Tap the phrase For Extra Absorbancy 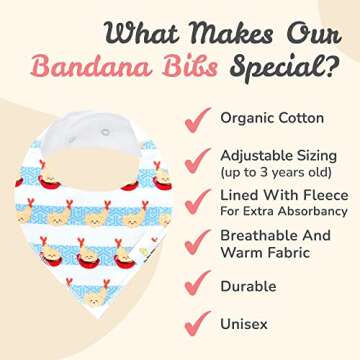[x=286, y=211]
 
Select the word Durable [x=248, y=285]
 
